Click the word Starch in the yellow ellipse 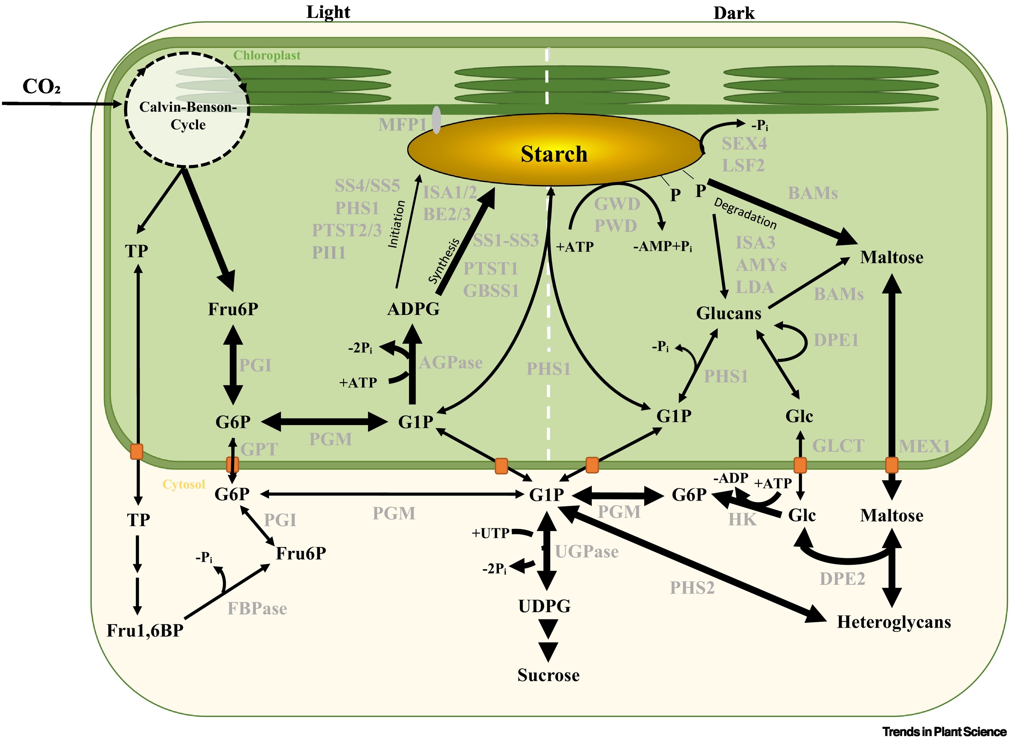click(554, 154)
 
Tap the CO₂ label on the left click(41, 87)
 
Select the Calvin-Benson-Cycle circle click(187, 110)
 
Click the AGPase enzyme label click(451, 362)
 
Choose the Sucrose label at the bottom click(548, 675)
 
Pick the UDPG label click(544, 606)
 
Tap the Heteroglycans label click(894, 622)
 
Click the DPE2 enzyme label click(842, 579)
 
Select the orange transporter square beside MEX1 click(892, 465)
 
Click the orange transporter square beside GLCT click(800, 465)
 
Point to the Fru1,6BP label click(145, 631)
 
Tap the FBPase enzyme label click(257, 609)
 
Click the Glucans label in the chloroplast click(728, 313)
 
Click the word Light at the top click(328, 12)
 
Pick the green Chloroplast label click(267, 55)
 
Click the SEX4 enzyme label click(744, 144)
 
